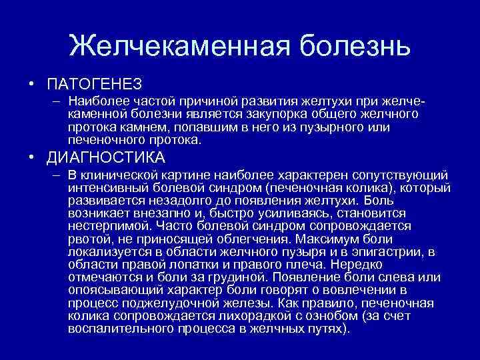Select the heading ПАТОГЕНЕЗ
pyautogui.click(x=95, y=83)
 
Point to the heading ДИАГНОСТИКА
pyautogui.click(x=106, y=157)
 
